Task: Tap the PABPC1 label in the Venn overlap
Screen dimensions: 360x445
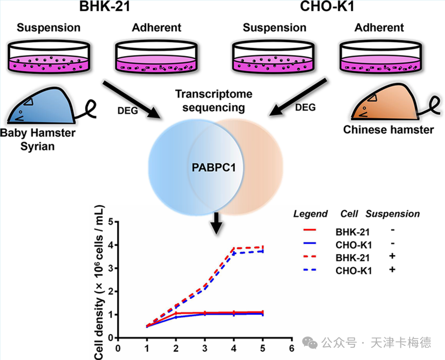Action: coord(213,168)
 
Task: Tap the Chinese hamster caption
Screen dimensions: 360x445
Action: coord(389,130)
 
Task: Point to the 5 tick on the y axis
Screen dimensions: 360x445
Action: coord(110,222)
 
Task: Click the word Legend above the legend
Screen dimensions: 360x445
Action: coord(310,214)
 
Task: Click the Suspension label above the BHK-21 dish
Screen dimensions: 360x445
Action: coord(48,27)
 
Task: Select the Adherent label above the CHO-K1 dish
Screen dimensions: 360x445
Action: coord(380,27)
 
